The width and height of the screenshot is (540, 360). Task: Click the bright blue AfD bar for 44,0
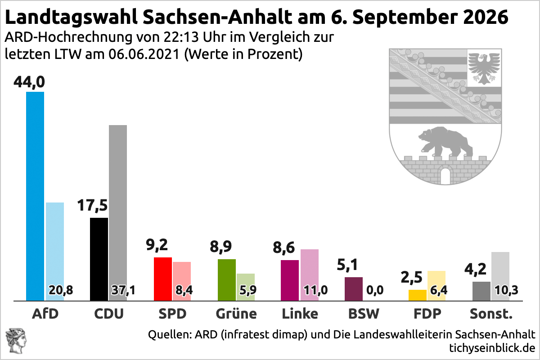pyautogui.click(x=35, y=196)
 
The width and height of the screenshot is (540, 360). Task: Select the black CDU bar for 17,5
pyautogui.click(x=99, y=259)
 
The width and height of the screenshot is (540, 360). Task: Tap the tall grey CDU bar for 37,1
pyautogui.click(x=118, y=213)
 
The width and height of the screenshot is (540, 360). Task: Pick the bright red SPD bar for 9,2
pyautogui.click(x=163, y=279)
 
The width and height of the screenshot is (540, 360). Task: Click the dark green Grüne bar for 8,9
pyautogui.click(x=227, y=280)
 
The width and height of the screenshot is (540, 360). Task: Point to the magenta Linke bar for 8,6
pyautogui.click(x=290, y=280)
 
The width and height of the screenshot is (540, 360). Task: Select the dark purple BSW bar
pyautogui.click(x=354, y=289)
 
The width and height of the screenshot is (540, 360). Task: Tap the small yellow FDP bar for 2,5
pyautogui.click(x=417, y=295)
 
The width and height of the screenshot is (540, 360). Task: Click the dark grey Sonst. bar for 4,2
pyautogui.click(x=481, y=291)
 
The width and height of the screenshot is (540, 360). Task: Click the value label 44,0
pyautogui.click(x=29, y=82)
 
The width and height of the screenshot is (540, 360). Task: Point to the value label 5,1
pyautogui.click(x=347, y=265)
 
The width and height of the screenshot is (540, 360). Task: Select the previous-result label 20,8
pyautogui.click(x=61, y=290)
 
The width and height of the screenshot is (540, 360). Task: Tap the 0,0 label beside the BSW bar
pyautogui.click(x=375, y=290)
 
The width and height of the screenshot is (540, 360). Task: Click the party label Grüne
pyautogui.click(x=236, y=314)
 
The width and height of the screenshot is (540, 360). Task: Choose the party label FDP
pyautogui.click(x=427, y=314)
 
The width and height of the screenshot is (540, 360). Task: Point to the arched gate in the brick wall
pyautogui.click(x=445, y=175)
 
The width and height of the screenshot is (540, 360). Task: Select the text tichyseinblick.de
pyautogui.click(x=492, y=348)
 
